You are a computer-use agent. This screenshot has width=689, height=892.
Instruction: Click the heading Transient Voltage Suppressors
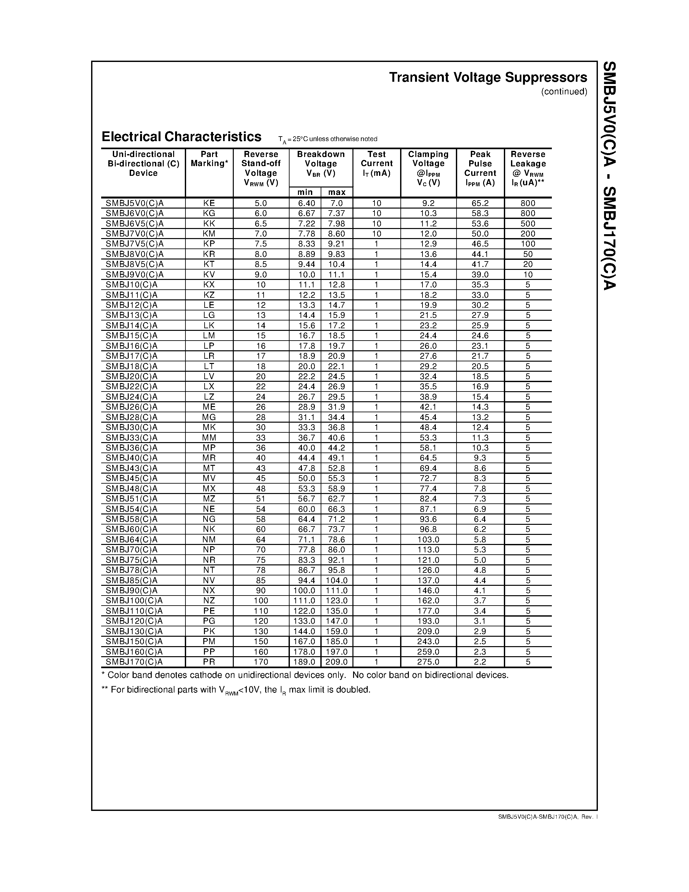488,77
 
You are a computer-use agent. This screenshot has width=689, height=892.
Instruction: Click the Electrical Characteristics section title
181,137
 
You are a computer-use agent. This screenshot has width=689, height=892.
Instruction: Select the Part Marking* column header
209,159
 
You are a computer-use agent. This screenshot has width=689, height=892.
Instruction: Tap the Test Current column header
376,163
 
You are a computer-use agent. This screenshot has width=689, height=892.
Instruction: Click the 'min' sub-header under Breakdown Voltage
305,192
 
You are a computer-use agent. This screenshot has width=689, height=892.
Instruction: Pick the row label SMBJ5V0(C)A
135,203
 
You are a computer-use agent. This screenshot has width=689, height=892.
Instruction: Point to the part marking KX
209,285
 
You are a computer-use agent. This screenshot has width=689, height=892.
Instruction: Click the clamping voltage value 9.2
428,203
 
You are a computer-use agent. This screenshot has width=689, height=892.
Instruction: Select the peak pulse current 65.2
480,203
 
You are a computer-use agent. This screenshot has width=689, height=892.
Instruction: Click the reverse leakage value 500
528,223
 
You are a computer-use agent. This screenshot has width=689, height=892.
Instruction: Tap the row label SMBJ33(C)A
131,438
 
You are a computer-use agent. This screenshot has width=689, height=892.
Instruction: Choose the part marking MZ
209,499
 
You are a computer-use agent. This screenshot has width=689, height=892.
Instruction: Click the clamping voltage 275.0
428,662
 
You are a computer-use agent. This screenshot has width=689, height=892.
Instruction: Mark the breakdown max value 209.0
337,662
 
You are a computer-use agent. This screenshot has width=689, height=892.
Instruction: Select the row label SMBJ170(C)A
134,662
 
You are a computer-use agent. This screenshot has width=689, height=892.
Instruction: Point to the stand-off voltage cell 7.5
261,244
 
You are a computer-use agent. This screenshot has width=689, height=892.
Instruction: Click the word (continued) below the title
564,91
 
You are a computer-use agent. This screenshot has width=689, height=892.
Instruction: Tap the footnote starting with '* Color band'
304,675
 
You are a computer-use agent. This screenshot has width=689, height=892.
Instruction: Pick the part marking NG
209,519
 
